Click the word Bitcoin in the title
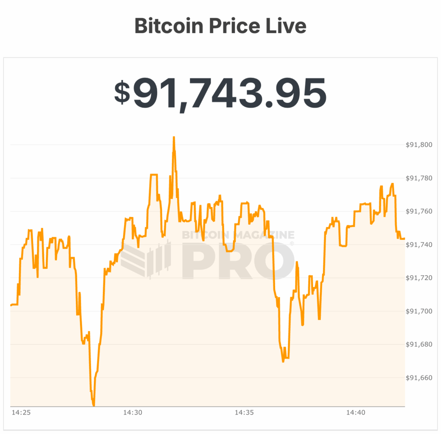coord(168,26)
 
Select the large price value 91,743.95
coord(230,93)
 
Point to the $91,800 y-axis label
coord(419,145)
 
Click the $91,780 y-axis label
coord(419,178)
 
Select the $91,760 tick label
coord(419,211)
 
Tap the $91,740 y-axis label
coord(419,245)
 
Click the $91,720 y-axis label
coord(419,278)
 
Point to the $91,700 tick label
coord(419,311)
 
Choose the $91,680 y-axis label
coord(419,344)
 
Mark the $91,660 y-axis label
coord(419,378)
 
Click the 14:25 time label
coord(20,413)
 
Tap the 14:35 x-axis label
coord(244,413)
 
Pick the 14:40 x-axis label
coord(355,413)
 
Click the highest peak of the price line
coord(174,137)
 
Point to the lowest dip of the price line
coord(93,405)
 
